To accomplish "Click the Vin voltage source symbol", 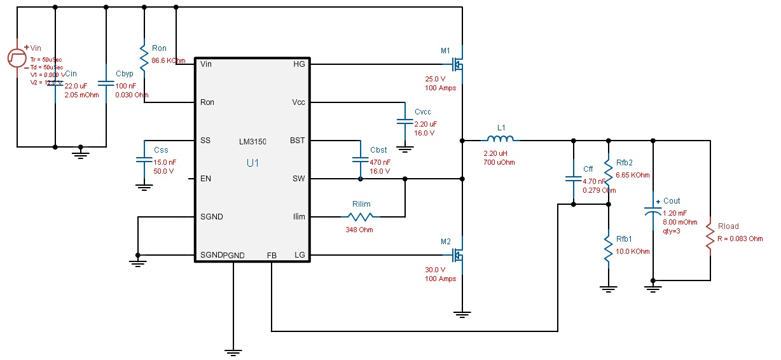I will tap(17, 59).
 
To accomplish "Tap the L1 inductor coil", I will tap(501, 140).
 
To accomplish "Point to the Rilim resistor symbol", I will tap(361, 217).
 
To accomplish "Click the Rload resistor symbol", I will tap(710, 239).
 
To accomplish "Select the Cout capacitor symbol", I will tap(653, 211).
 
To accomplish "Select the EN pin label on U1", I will tap(205, 179).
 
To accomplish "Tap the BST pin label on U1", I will tap(297, 141).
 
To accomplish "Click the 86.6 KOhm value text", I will tap(168, 61).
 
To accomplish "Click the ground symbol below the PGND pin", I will tap(233, 350).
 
